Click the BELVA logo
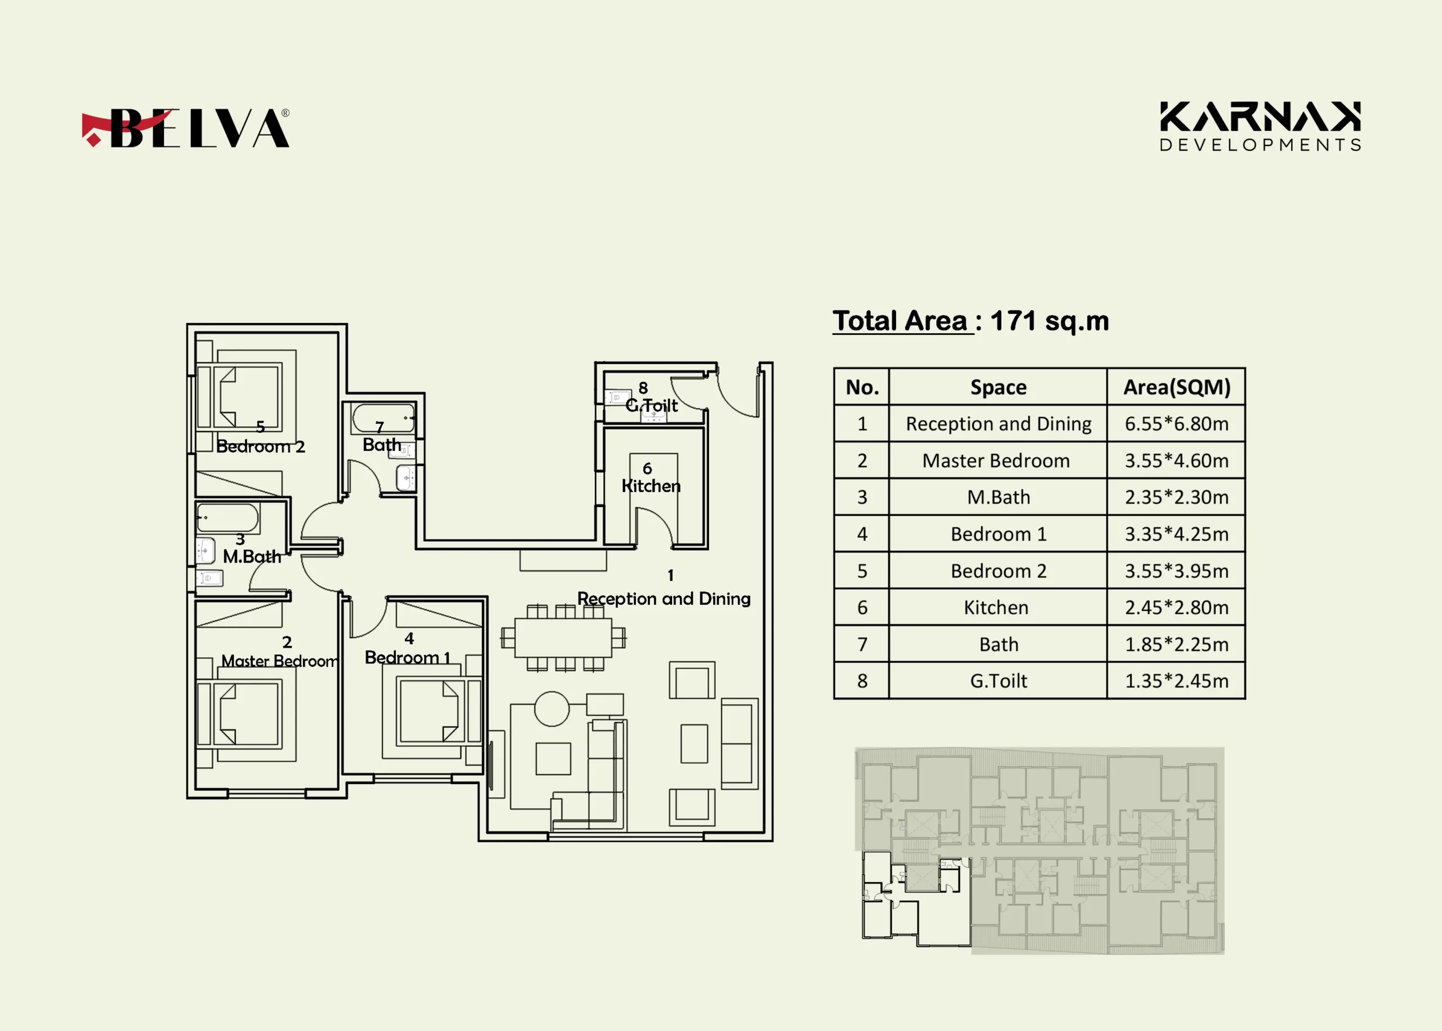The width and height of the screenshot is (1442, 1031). click(185, 127)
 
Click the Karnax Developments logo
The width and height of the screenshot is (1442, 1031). click(1260, 126)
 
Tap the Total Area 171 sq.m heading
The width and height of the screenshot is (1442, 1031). click(971, 321)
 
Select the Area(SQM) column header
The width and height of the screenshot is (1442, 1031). click(1176, 387)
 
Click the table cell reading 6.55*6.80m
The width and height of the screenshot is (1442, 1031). click(1176, 423)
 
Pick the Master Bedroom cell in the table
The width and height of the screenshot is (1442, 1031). click(996, 461)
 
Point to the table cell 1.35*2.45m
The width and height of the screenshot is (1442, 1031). click(1176, 680)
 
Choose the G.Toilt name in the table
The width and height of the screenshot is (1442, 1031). click(999, 680)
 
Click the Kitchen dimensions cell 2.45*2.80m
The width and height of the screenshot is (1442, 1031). click(1176, 608)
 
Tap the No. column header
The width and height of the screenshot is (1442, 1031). click(862, 387)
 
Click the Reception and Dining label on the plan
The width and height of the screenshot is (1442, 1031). click(664, 599)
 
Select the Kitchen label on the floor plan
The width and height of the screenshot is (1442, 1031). click(651, 486)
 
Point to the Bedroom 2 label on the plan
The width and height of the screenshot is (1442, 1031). click(261, 446)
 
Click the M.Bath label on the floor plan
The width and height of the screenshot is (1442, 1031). click(252, 557)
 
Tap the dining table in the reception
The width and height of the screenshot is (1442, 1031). click(563, 638)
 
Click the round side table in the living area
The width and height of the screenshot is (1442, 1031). click(551, 709)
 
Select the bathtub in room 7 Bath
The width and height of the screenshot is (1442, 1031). click(384, 418)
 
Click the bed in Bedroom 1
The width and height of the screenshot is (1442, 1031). click(431, 710)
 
